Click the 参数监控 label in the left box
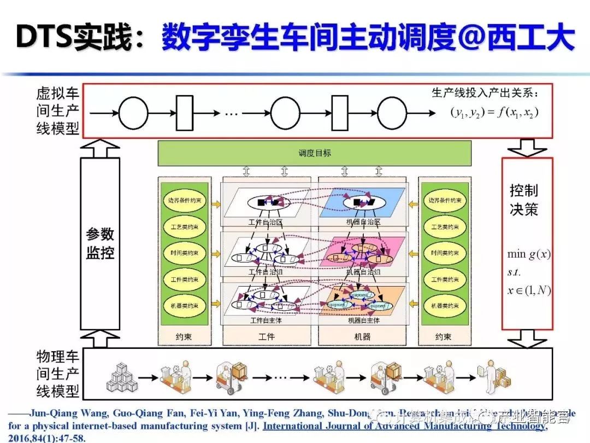coord(100,243)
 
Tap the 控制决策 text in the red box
coord(523,200)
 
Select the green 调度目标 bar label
coord(314,153)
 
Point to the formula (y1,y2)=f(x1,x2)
coord(494,112)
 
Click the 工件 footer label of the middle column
coord(266,337)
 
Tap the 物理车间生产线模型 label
coord(57,374)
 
